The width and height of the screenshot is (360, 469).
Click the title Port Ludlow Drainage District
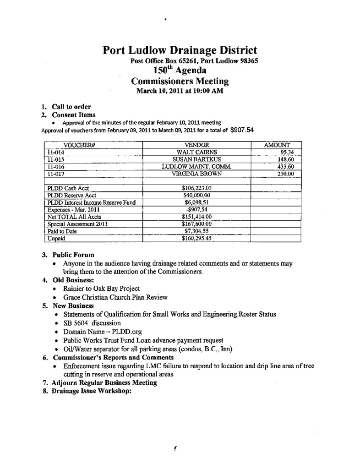(x=180, y=50)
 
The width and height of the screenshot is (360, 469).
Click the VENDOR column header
(x=196, y=145)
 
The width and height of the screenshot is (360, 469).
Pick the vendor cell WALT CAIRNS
(x=196, y=152)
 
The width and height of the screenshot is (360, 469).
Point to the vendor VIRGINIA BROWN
(x=196, y=174)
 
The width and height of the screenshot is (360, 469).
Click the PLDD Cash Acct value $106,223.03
(x=196, y=188)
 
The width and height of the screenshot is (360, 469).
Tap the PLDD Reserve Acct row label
(x=65, y=195)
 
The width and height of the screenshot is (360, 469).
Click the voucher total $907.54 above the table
(x=242, y=130)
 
